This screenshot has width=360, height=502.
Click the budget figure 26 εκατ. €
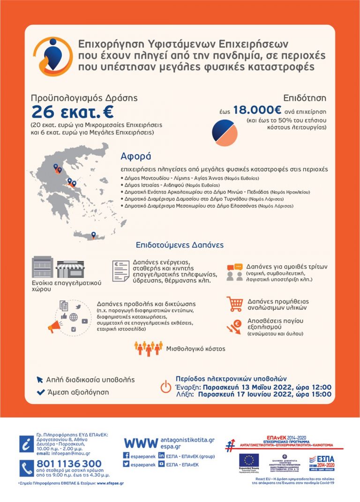[72, 112]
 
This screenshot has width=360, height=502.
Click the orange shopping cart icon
[234, 304]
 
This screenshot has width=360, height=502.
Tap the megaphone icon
[55, 324]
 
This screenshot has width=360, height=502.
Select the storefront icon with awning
[70, 268]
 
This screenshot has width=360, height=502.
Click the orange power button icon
[166, 387]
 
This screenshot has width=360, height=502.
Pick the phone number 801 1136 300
[68, 464]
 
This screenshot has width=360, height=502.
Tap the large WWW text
[140, 443]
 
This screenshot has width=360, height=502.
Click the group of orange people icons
[148, 348]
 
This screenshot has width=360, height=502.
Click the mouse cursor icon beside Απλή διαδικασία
[40, 380]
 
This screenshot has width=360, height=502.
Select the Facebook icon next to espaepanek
[126, 456]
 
